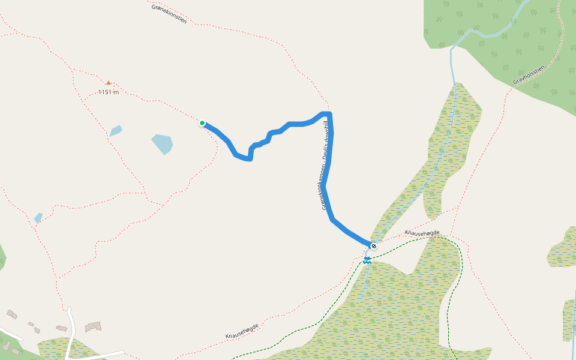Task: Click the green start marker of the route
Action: (x=202, y=123)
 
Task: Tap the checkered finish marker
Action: (x=374, y=246)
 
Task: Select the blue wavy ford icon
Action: (x=367, y=260)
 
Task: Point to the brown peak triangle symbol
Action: (x=109, y=82)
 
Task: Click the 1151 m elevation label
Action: (x=109, y=92)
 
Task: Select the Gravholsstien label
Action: (x=529, y=75)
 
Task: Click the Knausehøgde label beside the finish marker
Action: (x=422, y=233)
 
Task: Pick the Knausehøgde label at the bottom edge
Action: (x=242, y=331)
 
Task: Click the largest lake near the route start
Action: (x=162, y=144)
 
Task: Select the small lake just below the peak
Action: (x=116, y=130)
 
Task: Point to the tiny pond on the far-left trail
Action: (x=38, y=217)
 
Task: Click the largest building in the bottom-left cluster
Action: (x=93, y=326)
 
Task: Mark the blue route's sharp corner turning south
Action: (x=329, y=114)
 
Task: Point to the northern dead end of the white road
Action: (x=69, y=308)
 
